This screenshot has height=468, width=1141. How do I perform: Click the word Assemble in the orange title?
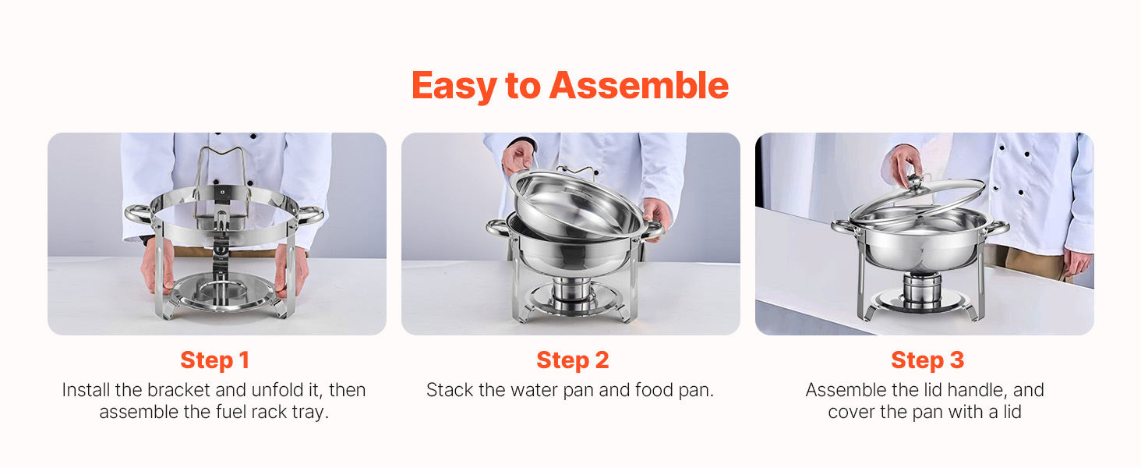(639, 85)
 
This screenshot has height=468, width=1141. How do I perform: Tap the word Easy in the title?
(454, 87)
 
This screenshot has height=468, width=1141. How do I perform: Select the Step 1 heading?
(214, 360)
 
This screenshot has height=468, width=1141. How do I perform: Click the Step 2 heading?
(572, 360)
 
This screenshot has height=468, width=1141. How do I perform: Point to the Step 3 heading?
(927, 360)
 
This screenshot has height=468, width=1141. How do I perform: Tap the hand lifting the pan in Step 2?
(517, 158)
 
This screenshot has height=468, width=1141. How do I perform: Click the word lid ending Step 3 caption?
(1012, 412)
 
